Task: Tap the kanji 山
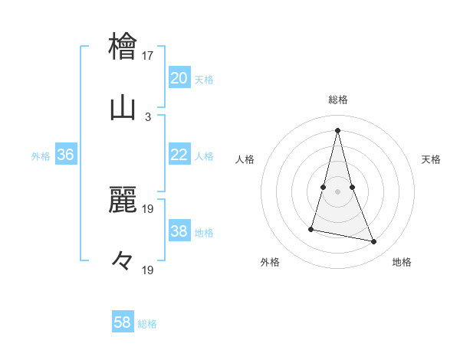pyautogui.click(x=123, y=108)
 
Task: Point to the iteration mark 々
pyautogui.click(x=123, y=261)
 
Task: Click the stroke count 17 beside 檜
pyautogui.click(x=148, y=55)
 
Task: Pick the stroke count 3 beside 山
pyautogui.click(x=148, y=117)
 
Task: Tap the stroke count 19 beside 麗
pyautogui.click(x=148, y=208)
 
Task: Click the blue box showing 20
pyautogui.click(x=179, y=77)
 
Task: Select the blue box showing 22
pyautogui.click(x=179, y=155)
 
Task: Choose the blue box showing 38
pyautogui.click(x=179, y=231)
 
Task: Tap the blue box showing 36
pyautogui.click(x=65, y=155)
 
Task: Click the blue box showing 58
pyautogui.click(x=123, y=322)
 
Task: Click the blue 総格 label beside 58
pyautogui.click(x=148, y=324)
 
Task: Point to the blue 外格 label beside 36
pyautogui.click(x=41, y=156)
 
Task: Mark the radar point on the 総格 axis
pyautogui.click(x=337, y=129)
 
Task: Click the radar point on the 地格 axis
pyautogui.click(x=374, y=242)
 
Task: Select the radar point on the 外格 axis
pyautogui.click(x=311, y=228)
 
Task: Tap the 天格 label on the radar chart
pyautogui.click(x=432, y=159)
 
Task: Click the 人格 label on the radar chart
pyautogui.click(x=245, y=159)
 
